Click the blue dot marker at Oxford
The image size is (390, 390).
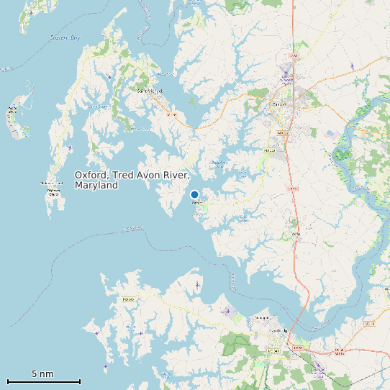pyautogui.click(x=194, y=194)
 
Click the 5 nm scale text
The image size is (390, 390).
pyautogui.click(x=42, y=374)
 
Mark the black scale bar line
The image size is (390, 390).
pyautogui.click(x=43, y=381)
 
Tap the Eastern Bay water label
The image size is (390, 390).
pyautogui.click(x=65, y=37)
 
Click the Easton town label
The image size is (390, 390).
pyautogui.click(x=278, y=104)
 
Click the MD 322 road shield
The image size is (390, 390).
pyautogui.click(x=281, y=132)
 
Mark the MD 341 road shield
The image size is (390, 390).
pyautogui.click(x=273, y=350)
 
